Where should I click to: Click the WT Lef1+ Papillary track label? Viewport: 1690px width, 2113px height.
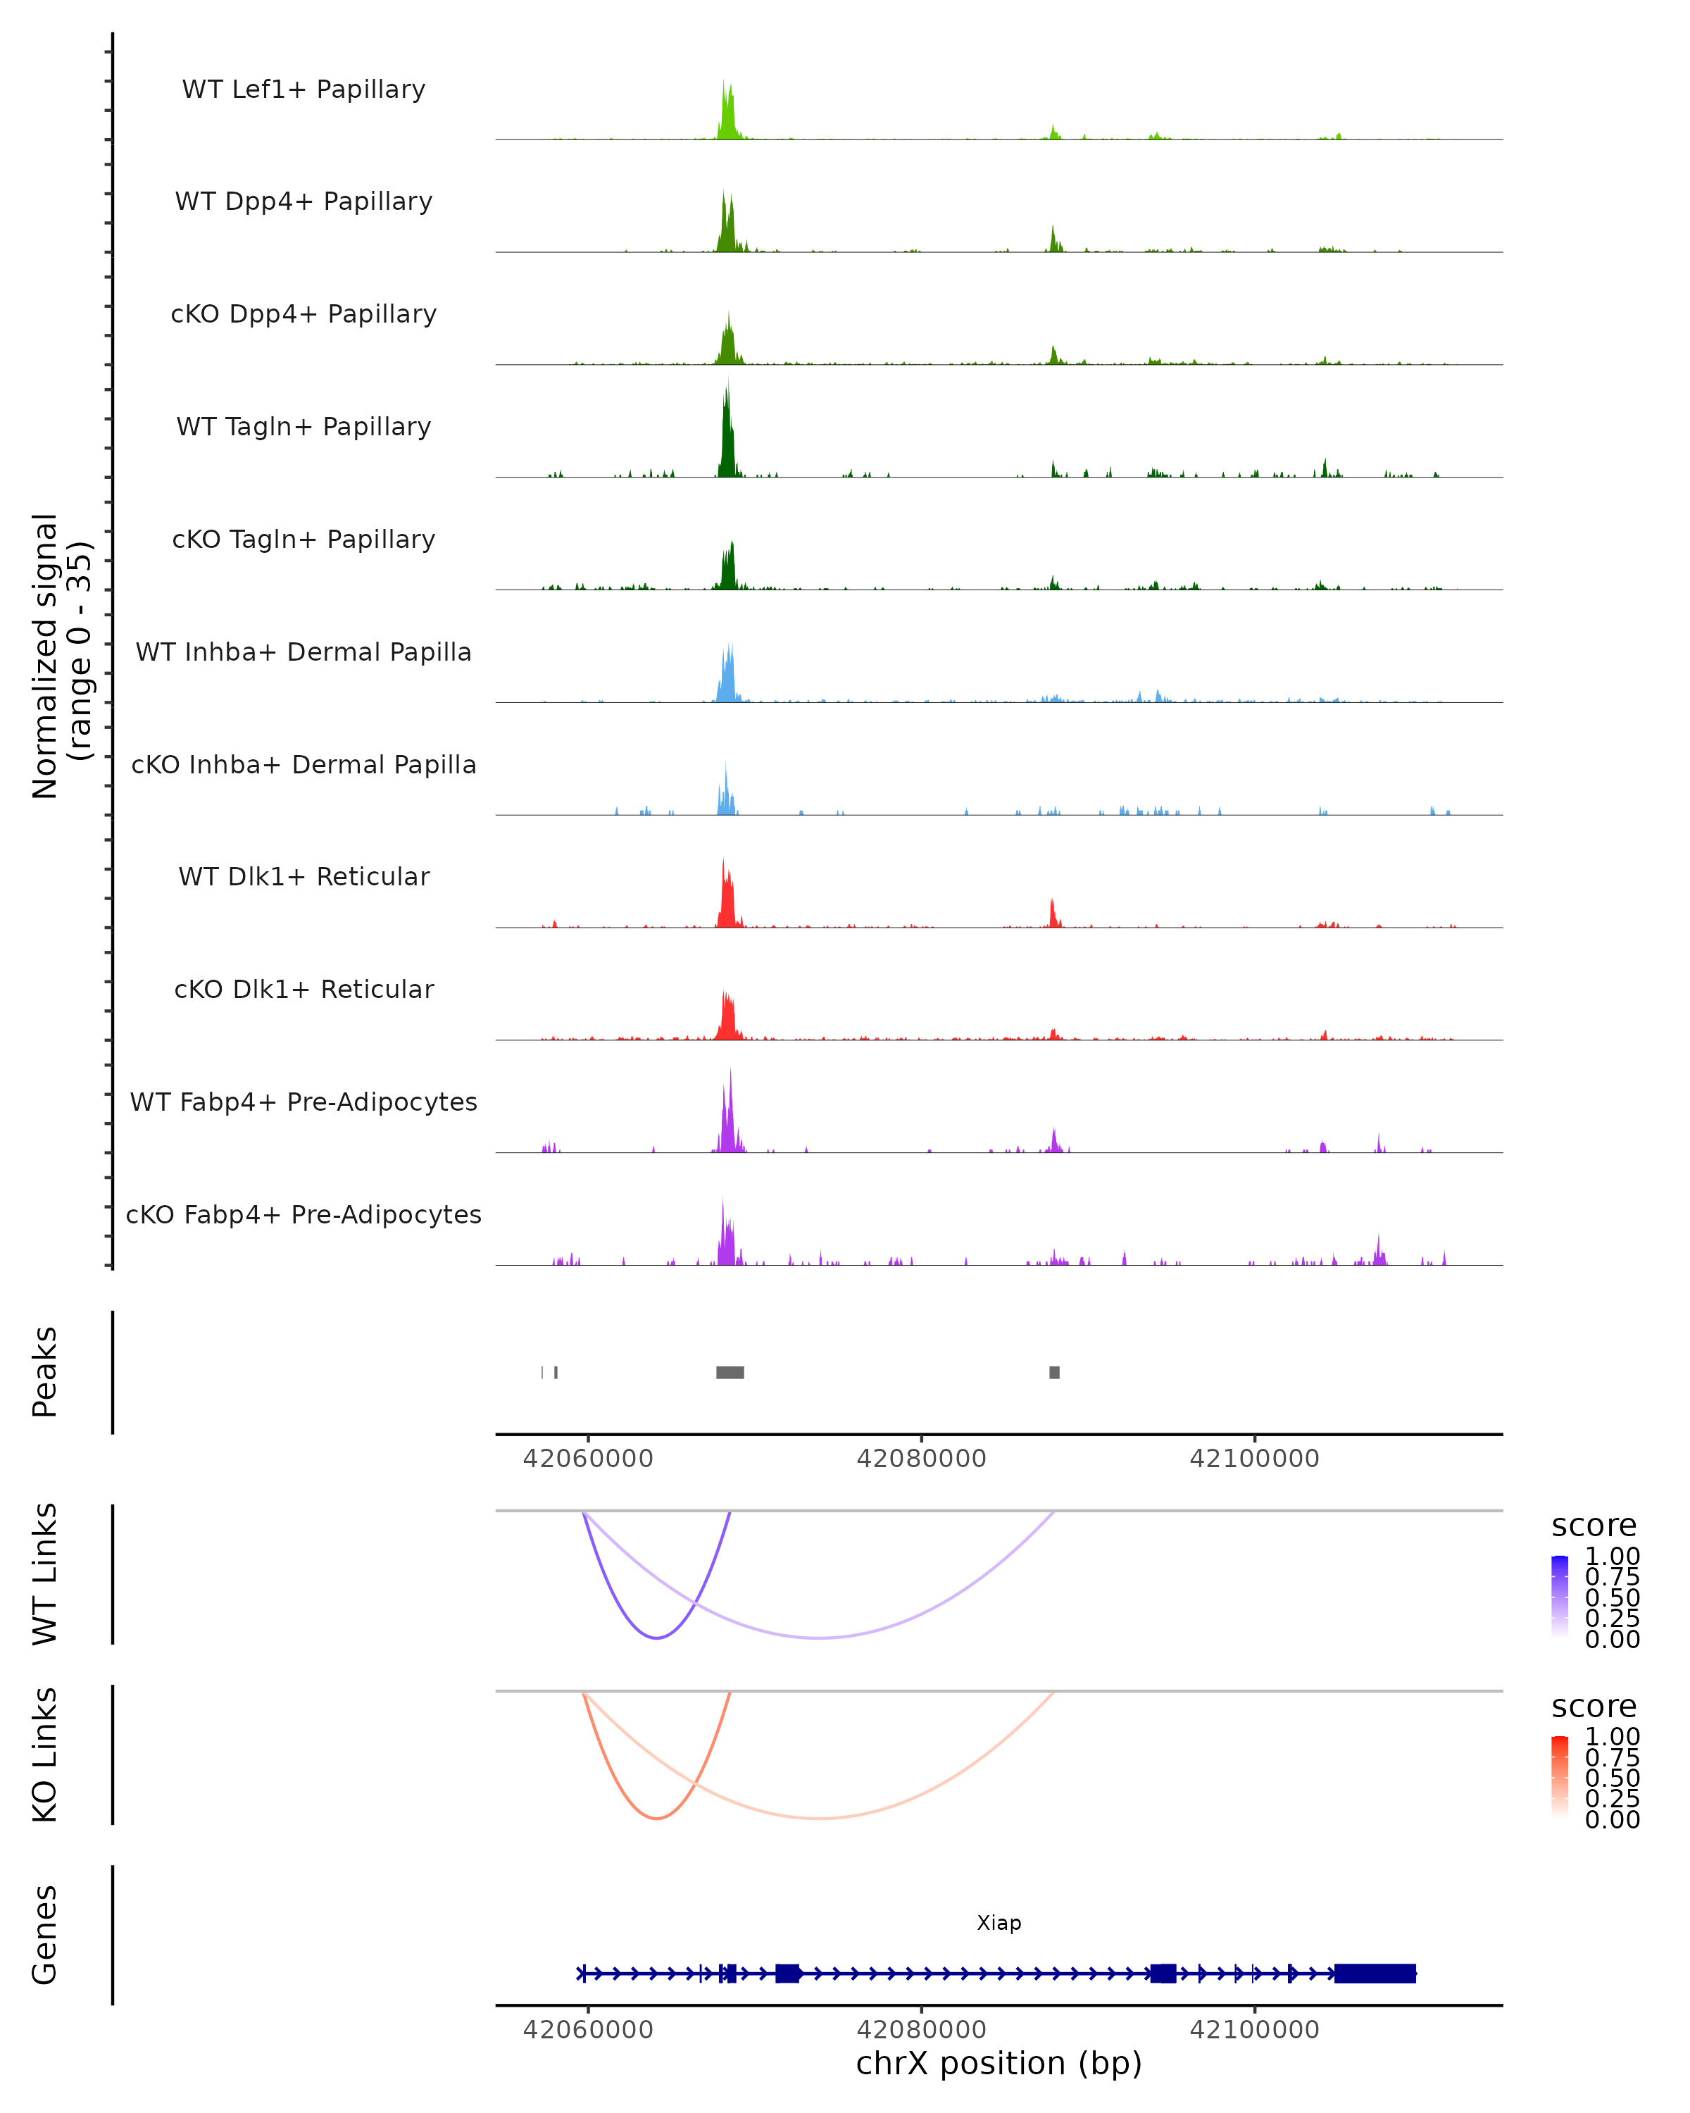[303, 89]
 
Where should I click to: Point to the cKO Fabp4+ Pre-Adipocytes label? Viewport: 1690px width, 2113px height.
[303, 1214]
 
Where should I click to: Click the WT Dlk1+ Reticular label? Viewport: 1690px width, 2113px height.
[303, 876]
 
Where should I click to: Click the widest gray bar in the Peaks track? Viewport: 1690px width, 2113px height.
[730, 1372]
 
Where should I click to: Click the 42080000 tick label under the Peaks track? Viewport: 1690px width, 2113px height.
[921, 1459]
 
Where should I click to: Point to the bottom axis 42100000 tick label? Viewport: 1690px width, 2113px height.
[1254, 2028]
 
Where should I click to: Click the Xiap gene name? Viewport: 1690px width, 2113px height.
[999, 1923]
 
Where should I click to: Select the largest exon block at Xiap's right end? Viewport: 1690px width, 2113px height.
[1375, 1973]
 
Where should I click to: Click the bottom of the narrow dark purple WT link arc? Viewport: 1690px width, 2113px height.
[658, 1638]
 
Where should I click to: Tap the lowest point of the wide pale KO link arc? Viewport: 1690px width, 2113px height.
[819, 1818]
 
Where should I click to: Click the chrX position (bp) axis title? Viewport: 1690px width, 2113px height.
[999, 2064]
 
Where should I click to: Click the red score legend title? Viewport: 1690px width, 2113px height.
[1593, 1707]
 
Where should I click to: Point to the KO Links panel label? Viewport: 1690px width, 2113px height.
[45, 1754]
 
